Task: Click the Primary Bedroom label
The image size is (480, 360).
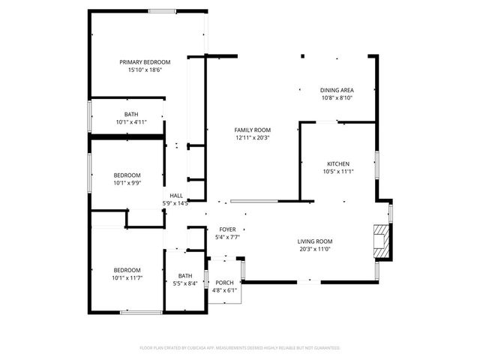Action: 145,61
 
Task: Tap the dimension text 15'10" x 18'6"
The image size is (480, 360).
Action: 145,70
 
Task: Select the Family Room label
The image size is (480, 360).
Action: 253,130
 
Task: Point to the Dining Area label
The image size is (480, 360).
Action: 337,90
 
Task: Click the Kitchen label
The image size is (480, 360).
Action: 337,163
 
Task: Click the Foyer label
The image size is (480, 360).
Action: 227,229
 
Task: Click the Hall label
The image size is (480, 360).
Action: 175,195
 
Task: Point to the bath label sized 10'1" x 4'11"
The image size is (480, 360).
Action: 131,114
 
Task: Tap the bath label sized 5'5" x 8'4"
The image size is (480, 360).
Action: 184,275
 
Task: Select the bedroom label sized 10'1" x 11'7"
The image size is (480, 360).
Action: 127,270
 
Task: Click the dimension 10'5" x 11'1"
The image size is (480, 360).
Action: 337,172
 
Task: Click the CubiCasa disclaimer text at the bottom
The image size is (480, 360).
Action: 240,348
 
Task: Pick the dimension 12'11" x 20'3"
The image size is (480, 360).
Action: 253,138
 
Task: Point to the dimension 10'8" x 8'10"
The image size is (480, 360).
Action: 337,98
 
